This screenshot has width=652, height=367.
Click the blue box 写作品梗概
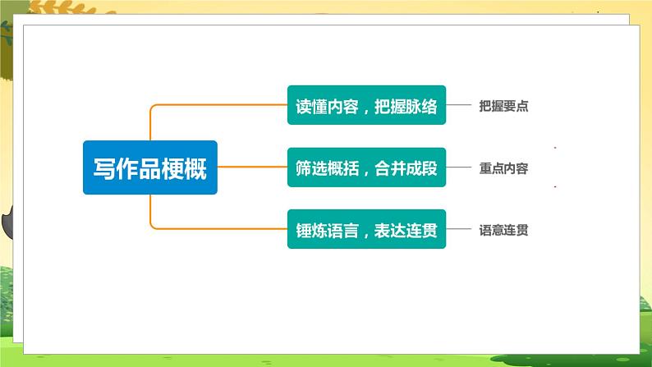tap(150, 167)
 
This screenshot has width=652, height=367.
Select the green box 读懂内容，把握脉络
tap(366, 106)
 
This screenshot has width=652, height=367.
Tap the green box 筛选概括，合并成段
tap(366, 167)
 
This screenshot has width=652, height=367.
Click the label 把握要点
tap(503, 106)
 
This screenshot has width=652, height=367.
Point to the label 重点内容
tap(503, 168)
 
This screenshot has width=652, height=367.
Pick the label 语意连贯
tap(503, 231)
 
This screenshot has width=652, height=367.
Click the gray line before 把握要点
tap(461, 106)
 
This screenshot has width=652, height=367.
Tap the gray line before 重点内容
tap(461, 168)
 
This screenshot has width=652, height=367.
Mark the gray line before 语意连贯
tap(461, 231)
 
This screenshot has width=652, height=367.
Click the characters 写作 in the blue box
tap(110, 167)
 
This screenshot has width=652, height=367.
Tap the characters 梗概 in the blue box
tap(189, 167)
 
